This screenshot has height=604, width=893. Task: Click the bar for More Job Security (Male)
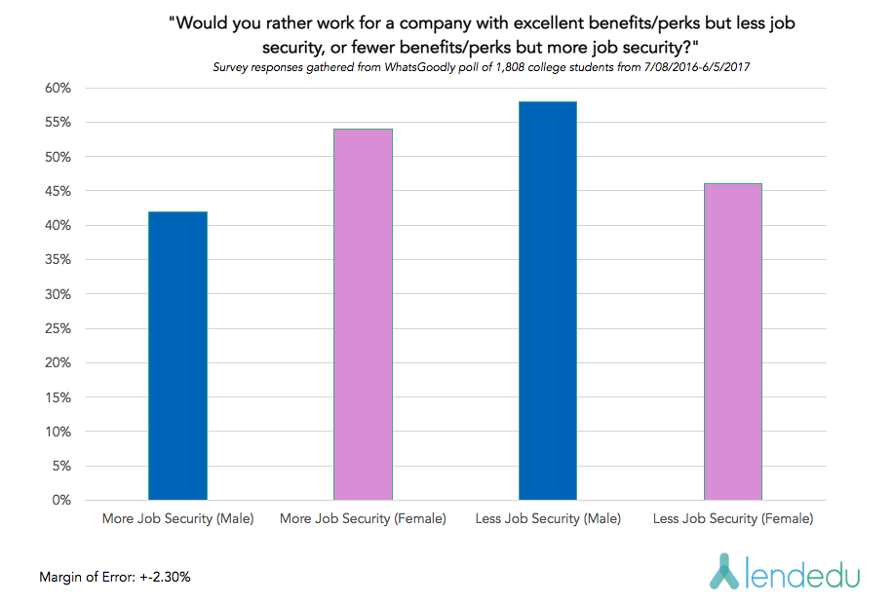click(x=177, y=356)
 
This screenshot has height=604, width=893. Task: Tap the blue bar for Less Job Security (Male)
click(x=547, y=301)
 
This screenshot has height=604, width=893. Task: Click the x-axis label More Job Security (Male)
click(x=177, y=519)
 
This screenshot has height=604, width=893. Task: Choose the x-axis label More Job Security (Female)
click(x=363, y=519)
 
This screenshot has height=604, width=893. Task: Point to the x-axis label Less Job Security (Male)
click(x=547, y=519)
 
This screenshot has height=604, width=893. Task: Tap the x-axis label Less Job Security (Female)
click(x=732, y=519)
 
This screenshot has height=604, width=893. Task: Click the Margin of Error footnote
click(x=115, y=577)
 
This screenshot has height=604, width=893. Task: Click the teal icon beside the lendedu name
click(x=722, y=572)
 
